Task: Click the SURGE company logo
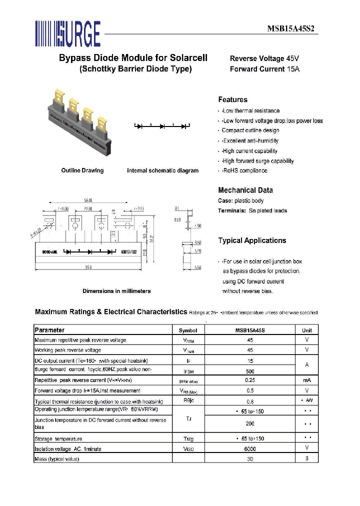point(67,34)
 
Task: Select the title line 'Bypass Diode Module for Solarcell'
point(133,58)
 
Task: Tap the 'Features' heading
point(232,99)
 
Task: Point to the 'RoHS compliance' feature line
point(244,170)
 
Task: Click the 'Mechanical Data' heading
point(245,190)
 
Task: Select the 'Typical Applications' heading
point(252,240)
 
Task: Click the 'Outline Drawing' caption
point(82,170)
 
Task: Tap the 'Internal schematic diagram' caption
point(162,170)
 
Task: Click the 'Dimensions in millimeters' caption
point(116,291)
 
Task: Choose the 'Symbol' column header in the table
point(188,330)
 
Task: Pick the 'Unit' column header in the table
point(306,330)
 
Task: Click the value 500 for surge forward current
point(250,371)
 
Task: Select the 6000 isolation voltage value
point(250,449)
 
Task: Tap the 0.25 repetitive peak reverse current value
point(250,380)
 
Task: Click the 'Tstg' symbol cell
point(188,439)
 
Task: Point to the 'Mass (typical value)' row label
point(56,458)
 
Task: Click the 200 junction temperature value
point(250,423)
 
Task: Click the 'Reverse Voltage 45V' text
point(264,58)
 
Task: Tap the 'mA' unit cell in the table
point(306,380)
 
